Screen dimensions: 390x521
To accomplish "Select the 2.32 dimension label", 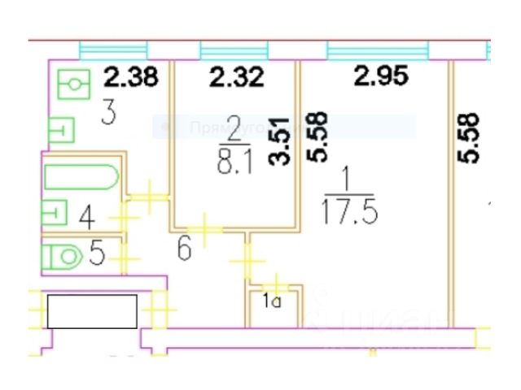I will pyautogui.click(x=237, y=79).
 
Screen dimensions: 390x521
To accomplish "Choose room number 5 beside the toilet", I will pyautogui.click(x=96, y=255).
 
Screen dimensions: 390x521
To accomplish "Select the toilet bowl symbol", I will pyautogui.click(x=62, y=257).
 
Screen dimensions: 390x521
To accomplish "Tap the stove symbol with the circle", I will pyautogui.click(x=74, y=83).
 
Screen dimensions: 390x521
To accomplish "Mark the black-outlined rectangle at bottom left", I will pyautogui.click(x=92, y=311).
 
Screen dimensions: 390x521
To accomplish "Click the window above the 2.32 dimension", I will pyautogui.click(x=236, y=50).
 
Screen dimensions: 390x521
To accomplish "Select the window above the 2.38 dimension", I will pyautogui.click(x=113, y=50).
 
